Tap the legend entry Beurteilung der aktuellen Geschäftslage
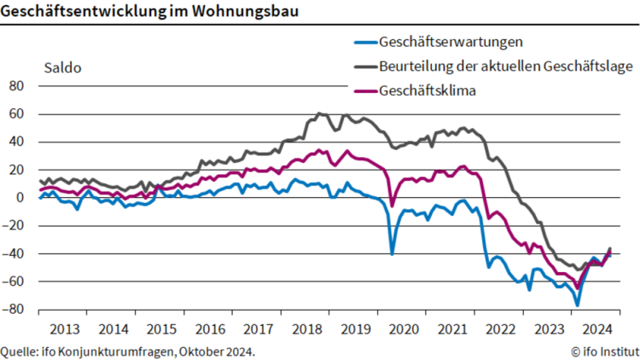pos(494,67)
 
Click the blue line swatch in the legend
pos(364,42)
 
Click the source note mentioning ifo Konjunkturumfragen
pos(128,351)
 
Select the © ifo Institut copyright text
pos(605,351)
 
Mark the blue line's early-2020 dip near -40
pos(393,253)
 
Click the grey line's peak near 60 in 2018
pos(319,113)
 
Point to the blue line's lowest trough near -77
pos(578,305)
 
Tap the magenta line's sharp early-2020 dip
pos(393,206)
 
